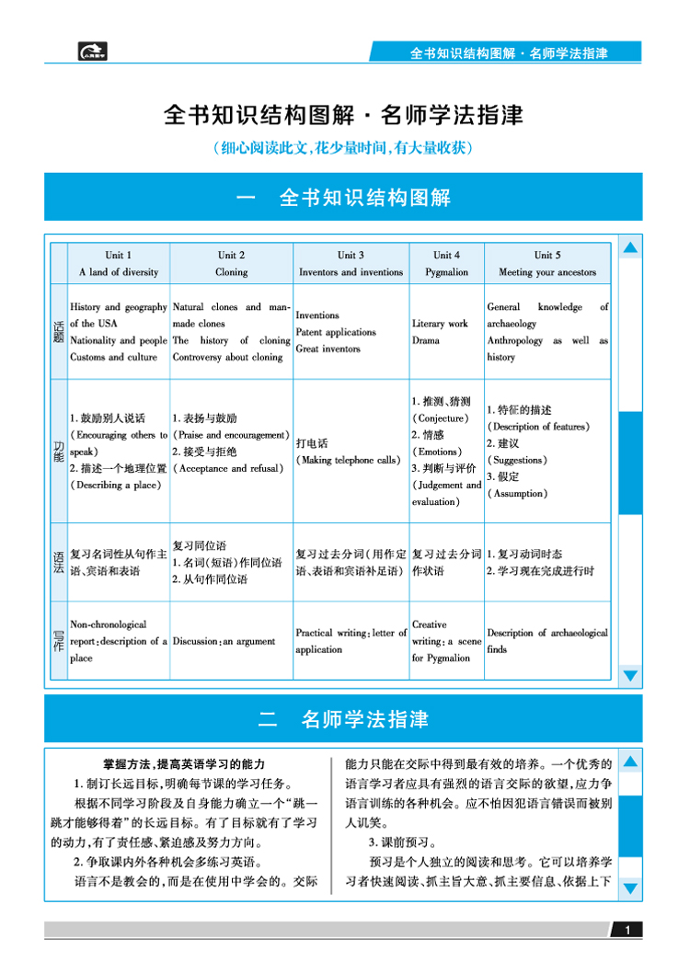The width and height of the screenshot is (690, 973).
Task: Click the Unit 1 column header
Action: (119, 263)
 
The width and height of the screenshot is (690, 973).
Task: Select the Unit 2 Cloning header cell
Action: (232, 263)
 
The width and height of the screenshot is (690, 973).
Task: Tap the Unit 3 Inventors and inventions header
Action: (351, 263)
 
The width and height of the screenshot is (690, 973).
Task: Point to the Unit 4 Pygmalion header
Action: (446, 263)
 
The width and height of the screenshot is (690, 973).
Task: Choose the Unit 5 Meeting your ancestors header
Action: (547, 263)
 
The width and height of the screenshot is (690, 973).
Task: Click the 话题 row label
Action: (59, 332)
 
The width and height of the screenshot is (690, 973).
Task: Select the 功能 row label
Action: (59, 451)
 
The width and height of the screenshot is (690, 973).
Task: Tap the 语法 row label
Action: (59, 562)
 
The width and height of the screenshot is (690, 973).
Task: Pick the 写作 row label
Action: (59, 641)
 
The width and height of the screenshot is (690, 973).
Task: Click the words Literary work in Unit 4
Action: (441, 324)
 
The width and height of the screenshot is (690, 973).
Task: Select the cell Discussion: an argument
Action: (224, 641)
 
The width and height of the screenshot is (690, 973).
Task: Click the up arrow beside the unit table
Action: (630, 247)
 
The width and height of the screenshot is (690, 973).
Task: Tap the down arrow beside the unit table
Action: (630, 676)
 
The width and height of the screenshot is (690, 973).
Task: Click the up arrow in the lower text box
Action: (630, 761)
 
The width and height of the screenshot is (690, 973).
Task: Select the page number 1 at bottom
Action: (628, 931)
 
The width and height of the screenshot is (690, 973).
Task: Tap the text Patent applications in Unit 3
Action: (336, 332)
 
